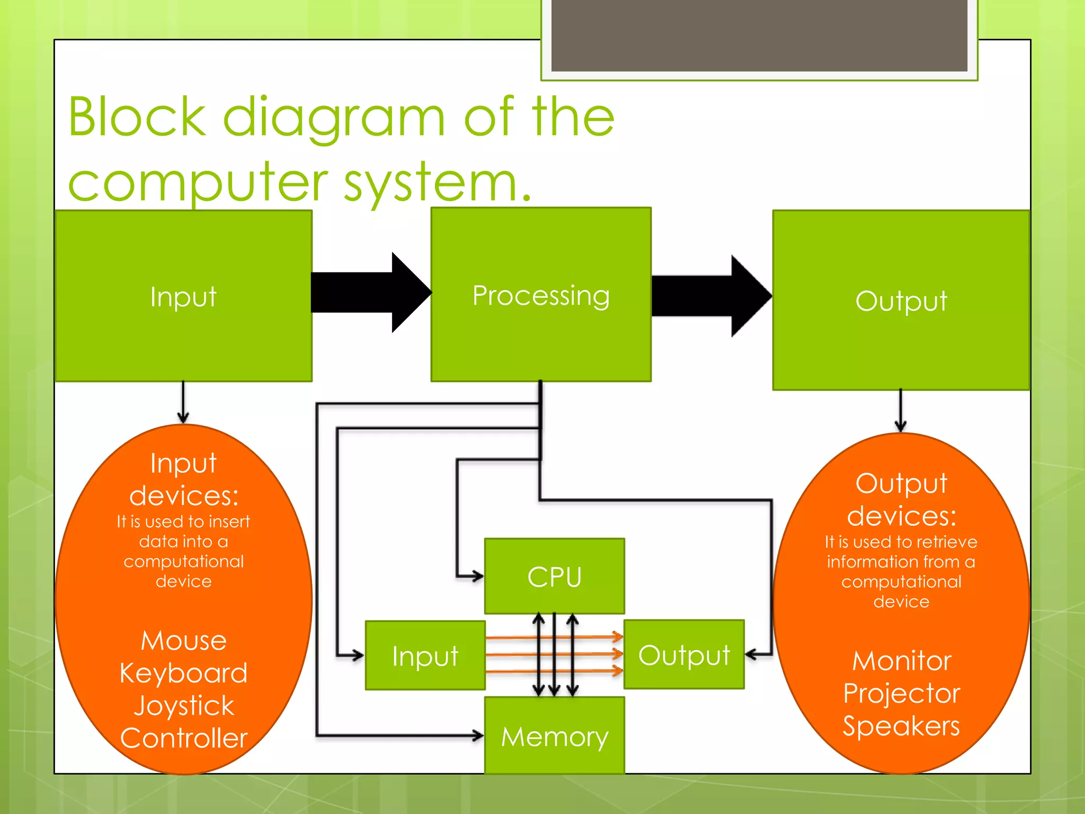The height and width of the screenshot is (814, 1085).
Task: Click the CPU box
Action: pyautogui.click(x=554, y=576)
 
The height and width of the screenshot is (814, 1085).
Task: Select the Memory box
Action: pyautogui.click(x=554, y=736)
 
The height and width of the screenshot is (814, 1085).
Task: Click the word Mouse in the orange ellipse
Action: pyautogui.click(x=183, y=640)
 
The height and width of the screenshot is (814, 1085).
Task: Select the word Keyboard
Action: pyautogui.click(x=183, y=673)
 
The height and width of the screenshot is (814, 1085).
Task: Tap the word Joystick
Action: pyautogui.click(x=183, y=705)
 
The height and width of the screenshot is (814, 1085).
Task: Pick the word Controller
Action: pyautogui.click(x=183, y=738)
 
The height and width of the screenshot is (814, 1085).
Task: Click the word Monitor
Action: pyautogui.click(x=902, y=661)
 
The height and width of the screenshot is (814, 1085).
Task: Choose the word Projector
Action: pyautogui.click(x=902, y=693)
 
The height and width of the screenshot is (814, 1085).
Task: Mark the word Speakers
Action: pyautogui.click(x=902, y=725)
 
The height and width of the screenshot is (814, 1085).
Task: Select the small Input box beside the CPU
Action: pyautogui.click(x=425, y=656)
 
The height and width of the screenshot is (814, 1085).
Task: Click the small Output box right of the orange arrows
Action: pyautogui.click(x=684, y=655)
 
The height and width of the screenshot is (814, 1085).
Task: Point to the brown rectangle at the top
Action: pyautogui.click(x=759, y=35)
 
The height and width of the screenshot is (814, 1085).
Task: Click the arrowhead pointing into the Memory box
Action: pyautogui.click(x=478, y=736)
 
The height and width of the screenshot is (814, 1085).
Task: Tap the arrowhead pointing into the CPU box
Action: pyautogui.click(x=478, y=576)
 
